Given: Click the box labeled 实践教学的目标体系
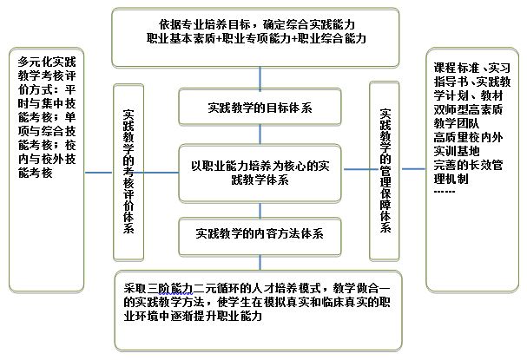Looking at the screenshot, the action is (260, 107).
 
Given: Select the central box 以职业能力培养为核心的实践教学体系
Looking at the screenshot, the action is (260, 173).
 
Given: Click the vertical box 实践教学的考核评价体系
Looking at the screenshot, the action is (128, 172).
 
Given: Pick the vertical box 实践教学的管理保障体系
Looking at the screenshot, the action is (384, 171).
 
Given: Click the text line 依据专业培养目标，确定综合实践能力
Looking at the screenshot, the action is (257, 24).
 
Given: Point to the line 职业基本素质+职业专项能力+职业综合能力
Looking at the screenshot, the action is (256, 38).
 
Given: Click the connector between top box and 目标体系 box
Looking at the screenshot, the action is (260, 78).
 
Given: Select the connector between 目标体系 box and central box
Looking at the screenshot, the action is (260, 135).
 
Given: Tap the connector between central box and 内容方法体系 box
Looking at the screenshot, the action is (260, 210).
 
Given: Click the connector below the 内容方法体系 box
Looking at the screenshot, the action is (260, 263).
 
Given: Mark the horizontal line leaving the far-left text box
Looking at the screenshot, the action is (98, 173).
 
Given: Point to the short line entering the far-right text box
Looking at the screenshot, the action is (414, 168).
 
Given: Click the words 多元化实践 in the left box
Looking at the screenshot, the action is (47, 62).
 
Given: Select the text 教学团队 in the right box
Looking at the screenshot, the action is (456, 123).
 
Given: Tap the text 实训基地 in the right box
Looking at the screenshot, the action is (456, 151).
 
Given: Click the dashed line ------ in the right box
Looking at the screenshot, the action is (445, 192).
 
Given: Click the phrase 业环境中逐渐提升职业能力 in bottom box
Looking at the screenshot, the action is (193, 317).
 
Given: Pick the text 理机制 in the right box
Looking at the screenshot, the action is (451, 179).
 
